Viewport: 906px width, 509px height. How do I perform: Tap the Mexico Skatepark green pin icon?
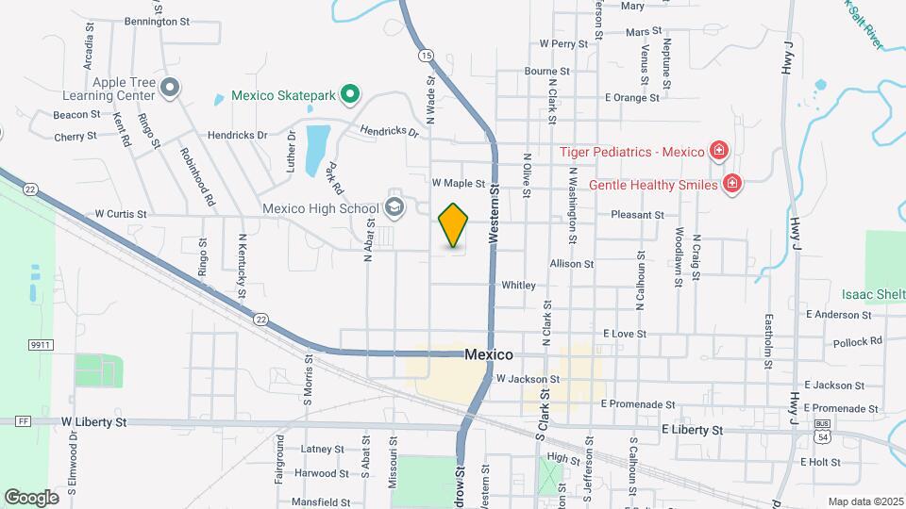[x=349, y=94]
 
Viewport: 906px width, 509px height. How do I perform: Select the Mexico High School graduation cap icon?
[x=394, y=208]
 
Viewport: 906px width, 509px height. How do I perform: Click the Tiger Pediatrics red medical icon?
[x=719, y=151]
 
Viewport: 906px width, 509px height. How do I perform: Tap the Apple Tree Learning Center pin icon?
[x=170, y=89]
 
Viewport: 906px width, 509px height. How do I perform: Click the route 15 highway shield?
[x=427, y=57]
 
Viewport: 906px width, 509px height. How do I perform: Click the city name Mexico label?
[x=489, y=355]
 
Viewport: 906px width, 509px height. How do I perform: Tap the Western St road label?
[x=494, y=216]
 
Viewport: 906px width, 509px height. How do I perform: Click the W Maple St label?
[x=459, y=183]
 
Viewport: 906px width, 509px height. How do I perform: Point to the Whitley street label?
[x=518, y=285]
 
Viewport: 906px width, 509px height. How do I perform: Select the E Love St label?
[x=624, y=334]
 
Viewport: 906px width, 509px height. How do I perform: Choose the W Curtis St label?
[x=120, y=214]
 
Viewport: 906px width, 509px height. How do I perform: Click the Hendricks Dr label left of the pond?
[x=237, y=135]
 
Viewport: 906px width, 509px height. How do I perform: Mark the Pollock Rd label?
[x=857, y=340]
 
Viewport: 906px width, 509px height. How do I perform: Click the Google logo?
[x=31, y=497]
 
